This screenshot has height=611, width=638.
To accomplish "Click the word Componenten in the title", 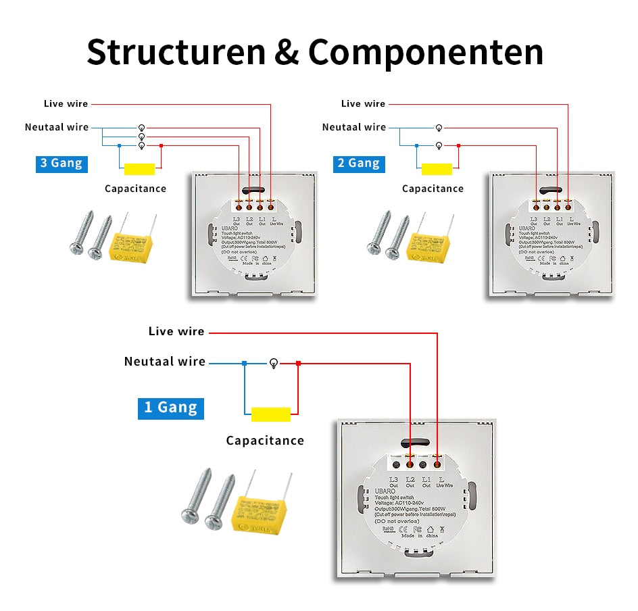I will [426, 52].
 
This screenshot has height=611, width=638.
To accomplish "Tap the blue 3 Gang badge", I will [62, 163].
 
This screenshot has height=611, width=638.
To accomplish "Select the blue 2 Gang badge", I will [359, 163].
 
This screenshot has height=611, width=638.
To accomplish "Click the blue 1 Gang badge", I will [170, 407].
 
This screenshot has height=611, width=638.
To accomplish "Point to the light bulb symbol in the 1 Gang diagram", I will [274, 363].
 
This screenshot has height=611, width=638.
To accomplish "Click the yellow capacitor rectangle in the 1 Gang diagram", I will [270, 414].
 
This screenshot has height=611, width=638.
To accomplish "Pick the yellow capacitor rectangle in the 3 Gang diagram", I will [139, 169].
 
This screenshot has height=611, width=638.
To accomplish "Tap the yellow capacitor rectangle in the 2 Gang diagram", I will [436, 169].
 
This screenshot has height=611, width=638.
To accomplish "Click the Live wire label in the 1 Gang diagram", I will [176, 331].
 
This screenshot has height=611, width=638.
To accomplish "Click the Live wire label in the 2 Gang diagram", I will [363, 103].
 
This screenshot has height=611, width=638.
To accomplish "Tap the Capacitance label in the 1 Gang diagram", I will [265, 441].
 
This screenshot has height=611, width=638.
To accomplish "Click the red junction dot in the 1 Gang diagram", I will [298, 364].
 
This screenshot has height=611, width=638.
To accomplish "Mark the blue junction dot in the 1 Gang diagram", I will [245, 364].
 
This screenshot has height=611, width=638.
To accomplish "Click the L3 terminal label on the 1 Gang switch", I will [394, 479].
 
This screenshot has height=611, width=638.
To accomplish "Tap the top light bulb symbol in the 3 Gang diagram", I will [141, 128].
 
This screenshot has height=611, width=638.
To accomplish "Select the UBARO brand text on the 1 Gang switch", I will [384, 491].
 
